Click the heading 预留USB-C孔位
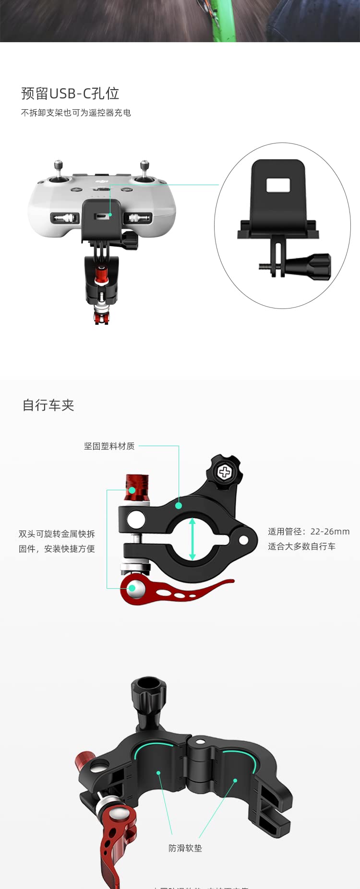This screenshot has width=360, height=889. pos(70,93)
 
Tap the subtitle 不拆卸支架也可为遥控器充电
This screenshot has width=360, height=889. pos(76,113)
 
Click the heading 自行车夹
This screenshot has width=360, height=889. pos(48,405)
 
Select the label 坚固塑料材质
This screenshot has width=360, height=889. pos(109,446)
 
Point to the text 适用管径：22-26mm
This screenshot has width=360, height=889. pos(309,532)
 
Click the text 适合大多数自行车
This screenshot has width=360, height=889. pos(301,546)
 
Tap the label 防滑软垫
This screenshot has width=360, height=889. pos(185,848)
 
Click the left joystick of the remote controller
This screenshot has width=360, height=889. pos(59,173)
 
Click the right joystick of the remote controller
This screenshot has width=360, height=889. pos(144,173)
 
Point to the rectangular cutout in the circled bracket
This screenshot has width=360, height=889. pos(278,185)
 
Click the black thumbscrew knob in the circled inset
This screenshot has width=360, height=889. pos(314,267)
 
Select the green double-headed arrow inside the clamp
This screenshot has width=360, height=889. pos(192,539)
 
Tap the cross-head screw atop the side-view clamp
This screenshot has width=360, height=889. pos(225,472)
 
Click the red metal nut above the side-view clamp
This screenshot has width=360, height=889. pos(137,487)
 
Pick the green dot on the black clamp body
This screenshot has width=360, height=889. pos(179,505)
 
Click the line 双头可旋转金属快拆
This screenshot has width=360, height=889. pos(57,534)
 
